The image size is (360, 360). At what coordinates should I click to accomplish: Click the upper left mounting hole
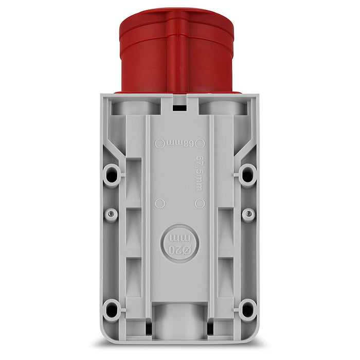point(111,175)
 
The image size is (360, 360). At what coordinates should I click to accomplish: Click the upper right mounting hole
point(248,175)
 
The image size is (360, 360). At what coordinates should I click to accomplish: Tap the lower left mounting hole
point(111,309)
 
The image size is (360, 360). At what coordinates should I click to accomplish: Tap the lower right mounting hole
point(248,309)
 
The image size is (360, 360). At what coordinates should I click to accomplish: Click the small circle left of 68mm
point(158,142)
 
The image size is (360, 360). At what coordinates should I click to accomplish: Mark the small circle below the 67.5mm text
point(201,202)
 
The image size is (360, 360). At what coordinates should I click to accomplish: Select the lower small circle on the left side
point(158,202)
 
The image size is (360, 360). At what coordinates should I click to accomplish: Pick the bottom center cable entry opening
point(179,316)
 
